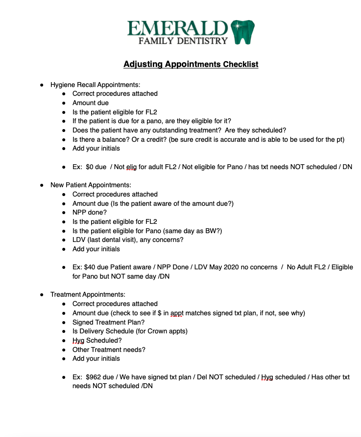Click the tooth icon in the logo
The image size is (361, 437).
pyautogui.click(x=243, y=32)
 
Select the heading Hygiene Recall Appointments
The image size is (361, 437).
pyautogui.click(x=95, y=85)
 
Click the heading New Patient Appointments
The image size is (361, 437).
pyautogui.click(x=91, y=185)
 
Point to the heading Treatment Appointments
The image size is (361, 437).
pyautogui.click(x=88, y=295)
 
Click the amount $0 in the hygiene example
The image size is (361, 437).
pyautogui.click(x=91, y=167)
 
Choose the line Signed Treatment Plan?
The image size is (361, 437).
pyautogui.click(x=108, y=322)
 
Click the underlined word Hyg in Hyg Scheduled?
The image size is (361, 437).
pyautogui.click(x=78, y=340)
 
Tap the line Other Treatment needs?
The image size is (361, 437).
pyautogui.click(x=109, y=350)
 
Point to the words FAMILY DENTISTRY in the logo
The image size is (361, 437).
pyautogui.click(x=183, y=41)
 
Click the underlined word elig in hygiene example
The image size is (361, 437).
pyautogui.click(x=131, y=167)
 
